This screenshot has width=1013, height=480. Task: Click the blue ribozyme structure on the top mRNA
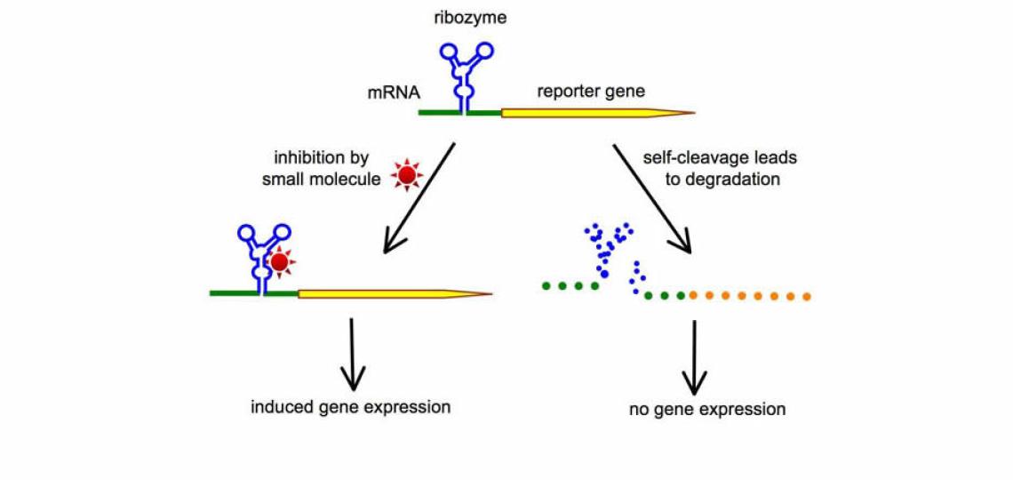pos(462,76)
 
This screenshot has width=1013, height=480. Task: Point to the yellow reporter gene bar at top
pos(586,113)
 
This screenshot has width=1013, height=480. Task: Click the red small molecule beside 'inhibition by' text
pos(407,177)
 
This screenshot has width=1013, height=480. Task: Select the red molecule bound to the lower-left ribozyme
pos(280,263)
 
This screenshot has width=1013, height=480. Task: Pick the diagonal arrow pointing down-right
pos(653,197)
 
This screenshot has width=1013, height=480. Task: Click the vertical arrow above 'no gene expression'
pos(694,356)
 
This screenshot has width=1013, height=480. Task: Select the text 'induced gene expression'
pos(351,408)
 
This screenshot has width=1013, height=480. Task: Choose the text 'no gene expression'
pos(706,410)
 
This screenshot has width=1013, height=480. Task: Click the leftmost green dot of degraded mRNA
pos(546,286)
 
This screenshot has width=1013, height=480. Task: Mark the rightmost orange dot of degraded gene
pos(806,296)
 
